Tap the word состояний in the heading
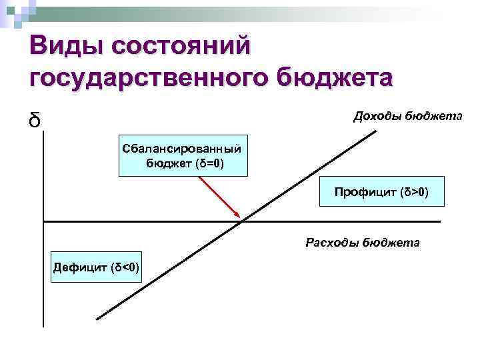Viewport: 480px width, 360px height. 181,48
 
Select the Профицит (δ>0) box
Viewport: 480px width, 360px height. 381,193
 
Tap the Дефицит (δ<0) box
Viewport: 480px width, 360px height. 96,268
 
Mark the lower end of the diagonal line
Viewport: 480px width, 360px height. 97,319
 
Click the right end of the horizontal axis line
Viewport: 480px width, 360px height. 441,221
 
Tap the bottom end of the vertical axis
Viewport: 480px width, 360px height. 43,327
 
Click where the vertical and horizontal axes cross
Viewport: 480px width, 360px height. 43,221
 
